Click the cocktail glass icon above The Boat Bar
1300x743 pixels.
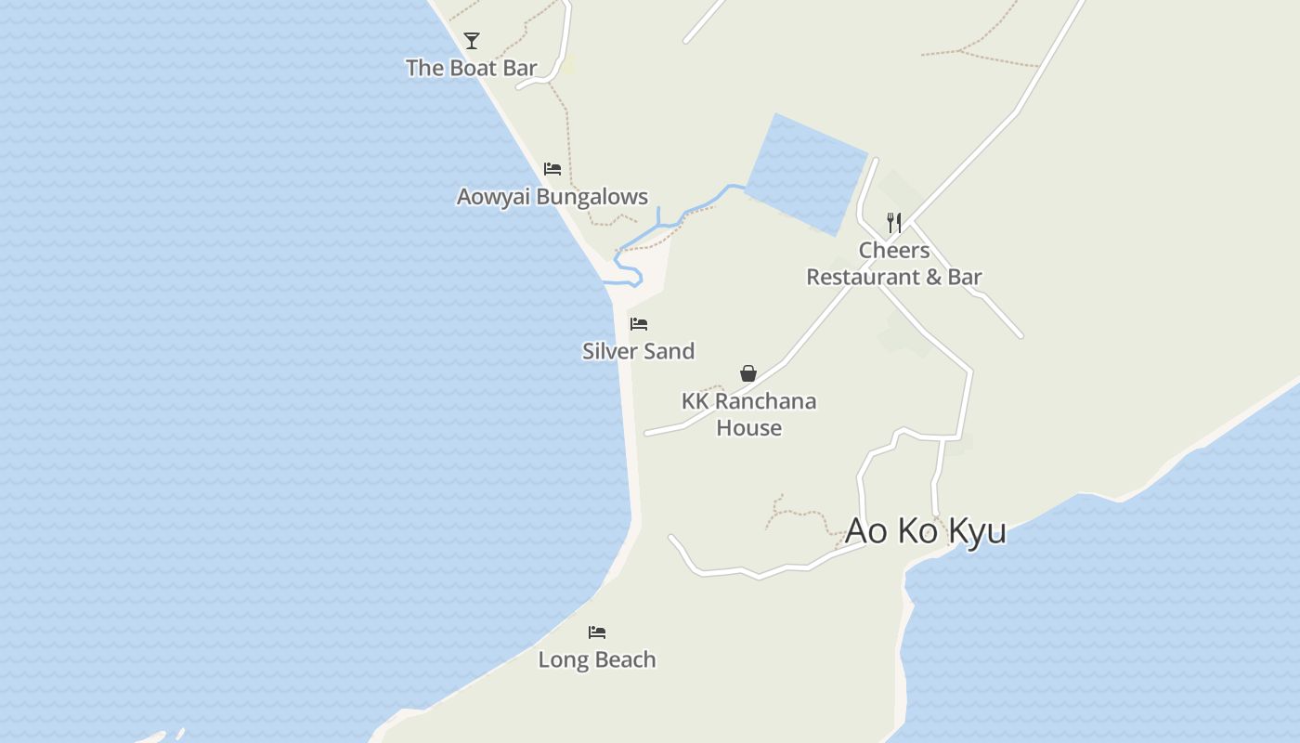point(472,40)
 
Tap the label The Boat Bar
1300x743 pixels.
point(472,68)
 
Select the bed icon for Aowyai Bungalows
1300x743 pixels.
point(552,169)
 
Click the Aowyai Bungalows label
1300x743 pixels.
point(552,197)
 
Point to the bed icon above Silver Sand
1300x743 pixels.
point(639,324)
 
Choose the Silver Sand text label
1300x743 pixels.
point(639,351)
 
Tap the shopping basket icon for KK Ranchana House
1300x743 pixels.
point(748,373)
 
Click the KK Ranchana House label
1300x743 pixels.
point(748,414)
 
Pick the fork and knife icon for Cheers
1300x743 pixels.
point(894,223)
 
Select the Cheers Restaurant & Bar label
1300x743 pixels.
point(894,264)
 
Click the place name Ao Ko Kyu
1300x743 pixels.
point(926,531)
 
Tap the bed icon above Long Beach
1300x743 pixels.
point(597,632)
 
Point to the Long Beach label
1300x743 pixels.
point(597,659)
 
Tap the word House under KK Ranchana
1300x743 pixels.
point(748,428)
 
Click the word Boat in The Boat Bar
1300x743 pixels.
point(472,68)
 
